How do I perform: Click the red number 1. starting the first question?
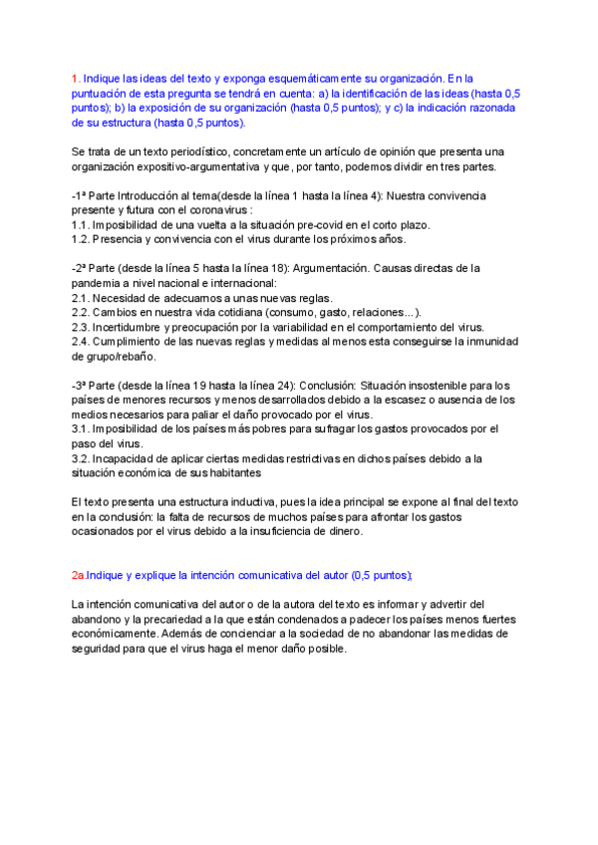pos(76,78)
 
